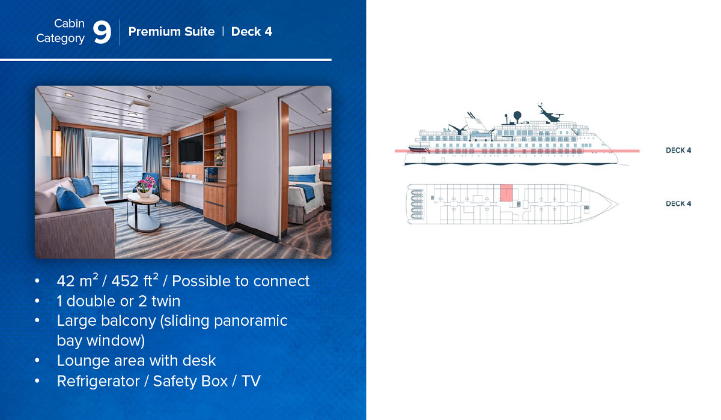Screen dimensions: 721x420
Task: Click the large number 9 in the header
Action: pos(102,32)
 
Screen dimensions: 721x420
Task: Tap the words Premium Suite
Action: pos(171,31)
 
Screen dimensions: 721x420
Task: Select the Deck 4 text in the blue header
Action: pos(251,31)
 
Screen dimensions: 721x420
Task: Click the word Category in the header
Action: pos(60,38)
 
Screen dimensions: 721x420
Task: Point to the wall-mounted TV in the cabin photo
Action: pos(190,148)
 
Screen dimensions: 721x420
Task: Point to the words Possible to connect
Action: pos(241,281)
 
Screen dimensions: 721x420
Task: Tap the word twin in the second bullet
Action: pos(166,301)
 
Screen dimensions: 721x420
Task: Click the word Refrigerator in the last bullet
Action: pos(98,382)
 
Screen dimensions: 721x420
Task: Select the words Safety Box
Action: pos(190,382)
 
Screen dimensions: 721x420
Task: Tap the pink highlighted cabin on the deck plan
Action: pos(507,193)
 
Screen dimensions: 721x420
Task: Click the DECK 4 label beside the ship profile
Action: pos(678,151)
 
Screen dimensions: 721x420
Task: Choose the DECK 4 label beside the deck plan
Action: pos(678,204)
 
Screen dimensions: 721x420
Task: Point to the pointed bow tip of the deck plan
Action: pos(618,204)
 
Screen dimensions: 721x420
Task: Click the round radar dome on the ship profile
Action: pos(517,115)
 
